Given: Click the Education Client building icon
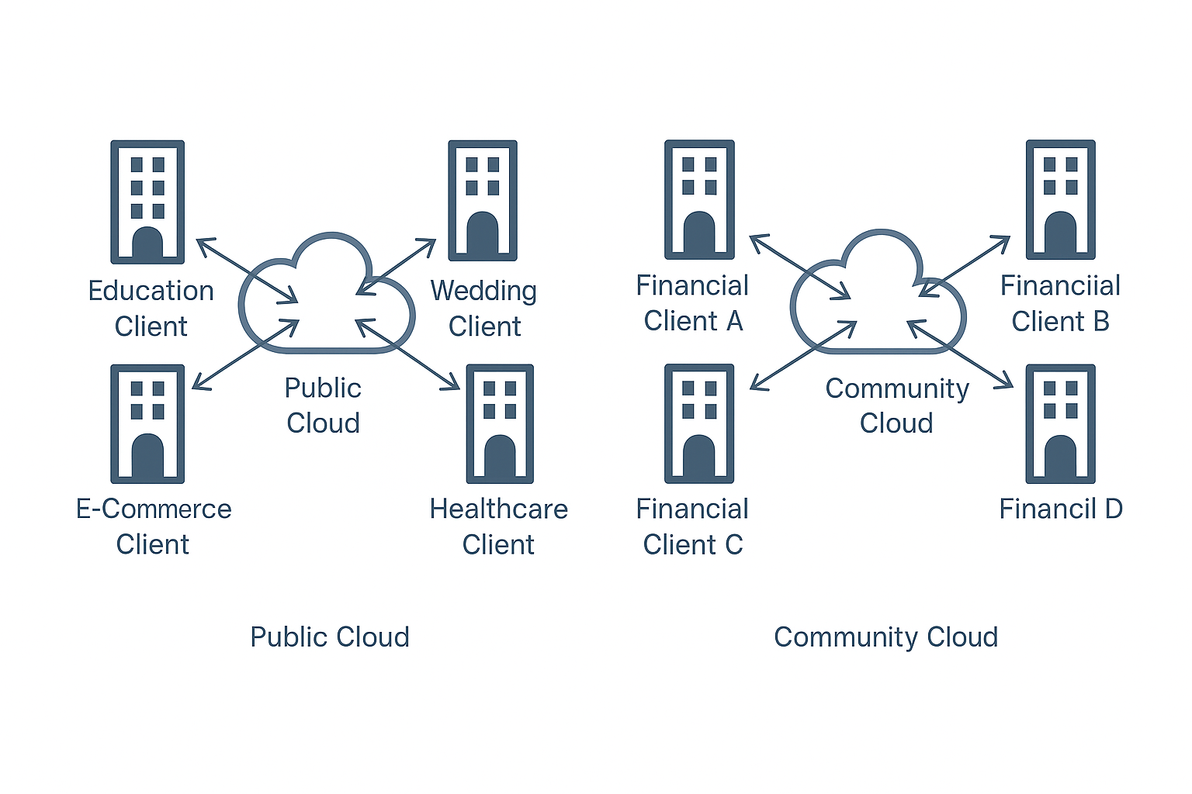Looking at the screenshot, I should click(x=147, y=202).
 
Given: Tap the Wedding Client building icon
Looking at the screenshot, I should click(x=483, y=200).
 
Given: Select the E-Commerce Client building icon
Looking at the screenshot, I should click(x=147, y=423).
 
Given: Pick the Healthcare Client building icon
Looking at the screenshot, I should click(x=500, y=423).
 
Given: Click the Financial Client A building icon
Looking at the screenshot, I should click(x=699, y=199).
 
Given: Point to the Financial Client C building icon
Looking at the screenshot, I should click(x=699, y=423).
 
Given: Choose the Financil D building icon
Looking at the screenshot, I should click(x=1060, y=423).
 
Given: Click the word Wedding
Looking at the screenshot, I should click(x=483, y=291).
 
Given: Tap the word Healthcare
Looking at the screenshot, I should click(x=498, y=509).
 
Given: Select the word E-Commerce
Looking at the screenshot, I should click(x=154, y=509).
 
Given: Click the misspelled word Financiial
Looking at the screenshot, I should click(x=1060, y=286).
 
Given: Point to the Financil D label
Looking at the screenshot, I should click(x=1060, y=509).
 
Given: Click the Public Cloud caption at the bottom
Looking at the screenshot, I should click(x=329, y=637).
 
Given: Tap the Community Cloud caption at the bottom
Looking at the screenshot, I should click(x=885, y=637).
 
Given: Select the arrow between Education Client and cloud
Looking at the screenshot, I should click(x=247, y=271).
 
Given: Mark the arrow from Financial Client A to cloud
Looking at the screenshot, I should click(x=800, y=267).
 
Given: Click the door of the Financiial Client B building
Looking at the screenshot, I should click(x=1060, y=233).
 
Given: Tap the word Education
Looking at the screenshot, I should click(x=151, y=292).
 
